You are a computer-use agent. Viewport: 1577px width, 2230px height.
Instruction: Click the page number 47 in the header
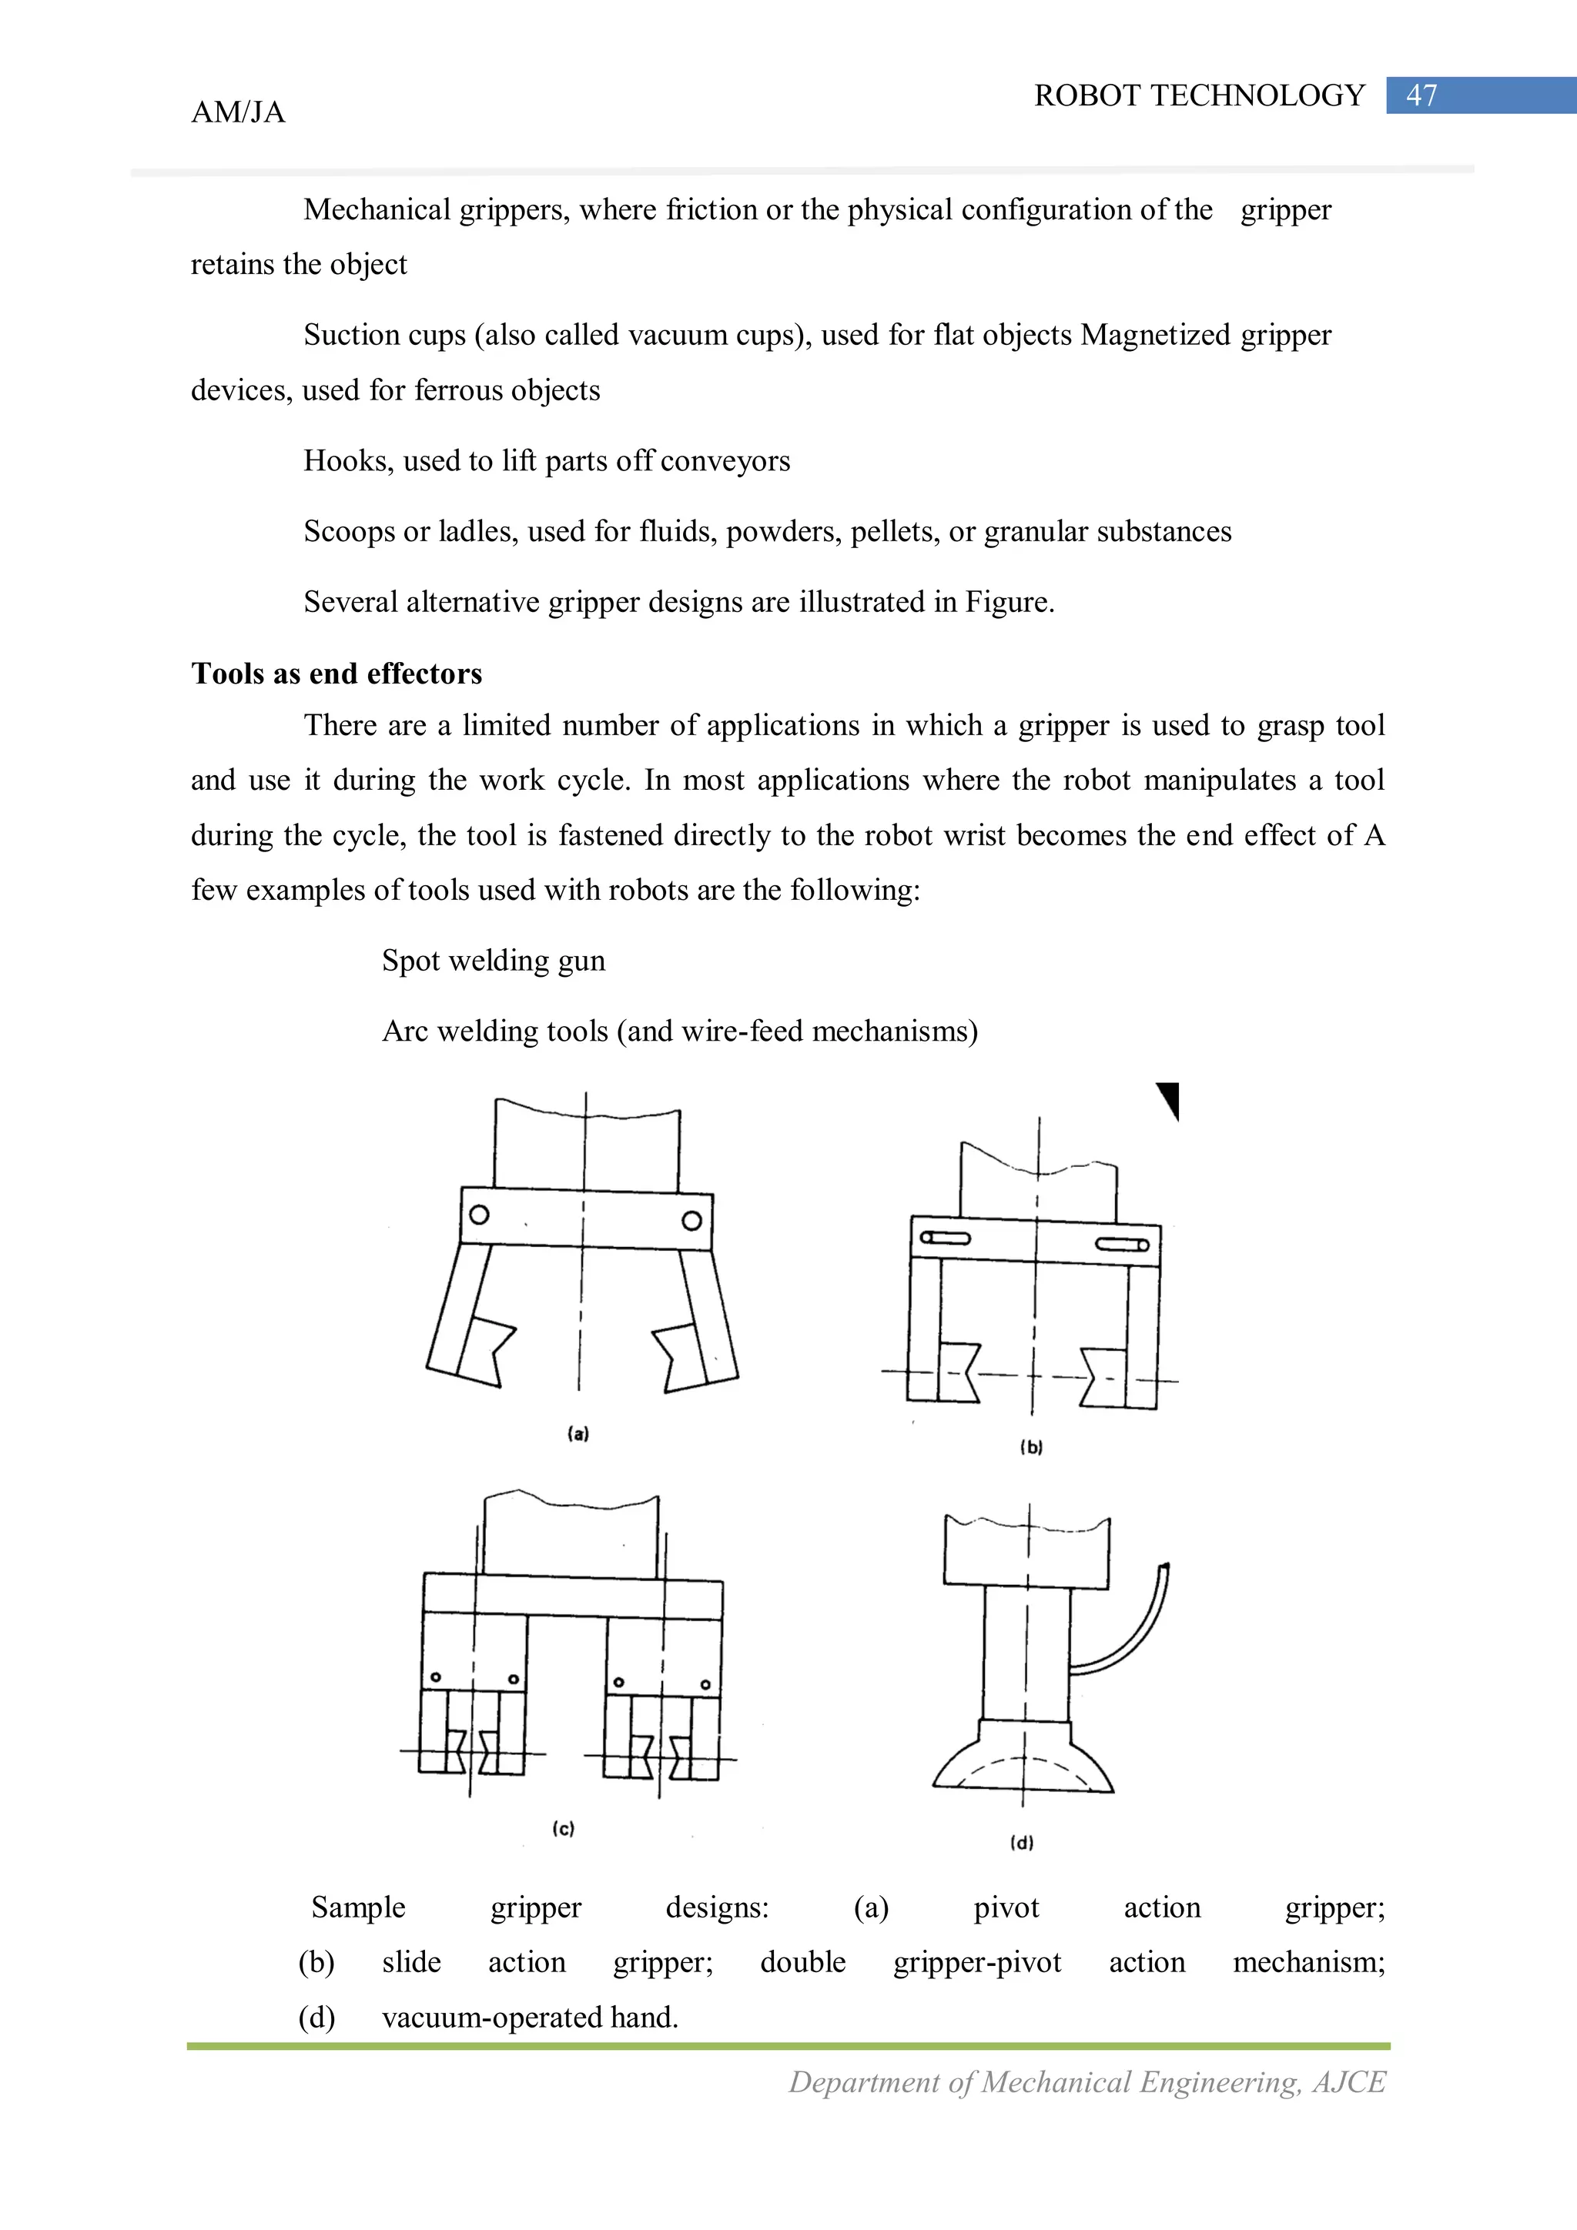[x=1421, y=95]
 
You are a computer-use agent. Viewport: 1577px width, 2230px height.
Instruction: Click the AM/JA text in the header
[x=238, y=112]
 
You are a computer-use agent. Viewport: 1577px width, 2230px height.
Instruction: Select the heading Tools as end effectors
[x=336, y=674]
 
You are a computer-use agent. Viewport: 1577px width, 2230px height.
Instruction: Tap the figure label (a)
[x=578, y=1433]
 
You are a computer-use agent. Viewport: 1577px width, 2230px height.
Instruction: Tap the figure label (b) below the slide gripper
[x=1031, y=1447]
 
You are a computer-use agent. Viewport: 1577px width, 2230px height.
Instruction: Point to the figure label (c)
[x=564, y=1829]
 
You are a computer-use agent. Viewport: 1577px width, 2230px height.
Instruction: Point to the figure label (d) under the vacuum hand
[x=1022, y=1843]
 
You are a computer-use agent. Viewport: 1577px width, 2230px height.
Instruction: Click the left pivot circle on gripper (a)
[x=479, y=1215]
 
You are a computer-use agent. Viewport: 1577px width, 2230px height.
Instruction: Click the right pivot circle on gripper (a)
[x=691, y=1221]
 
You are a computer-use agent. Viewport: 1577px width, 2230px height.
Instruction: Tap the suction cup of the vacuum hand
[x=1023, y=1763]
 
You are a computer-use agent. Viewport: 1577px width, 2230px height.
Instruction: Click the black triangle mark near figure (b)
[x=1170, y=1098]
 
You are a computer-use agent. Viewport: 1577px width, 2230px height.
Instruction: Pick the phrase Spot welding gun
[x=494, y=961]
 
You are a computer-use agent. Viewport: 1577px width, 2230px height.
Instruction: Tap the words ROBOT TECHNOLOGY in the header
[x=1199, y=95]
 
